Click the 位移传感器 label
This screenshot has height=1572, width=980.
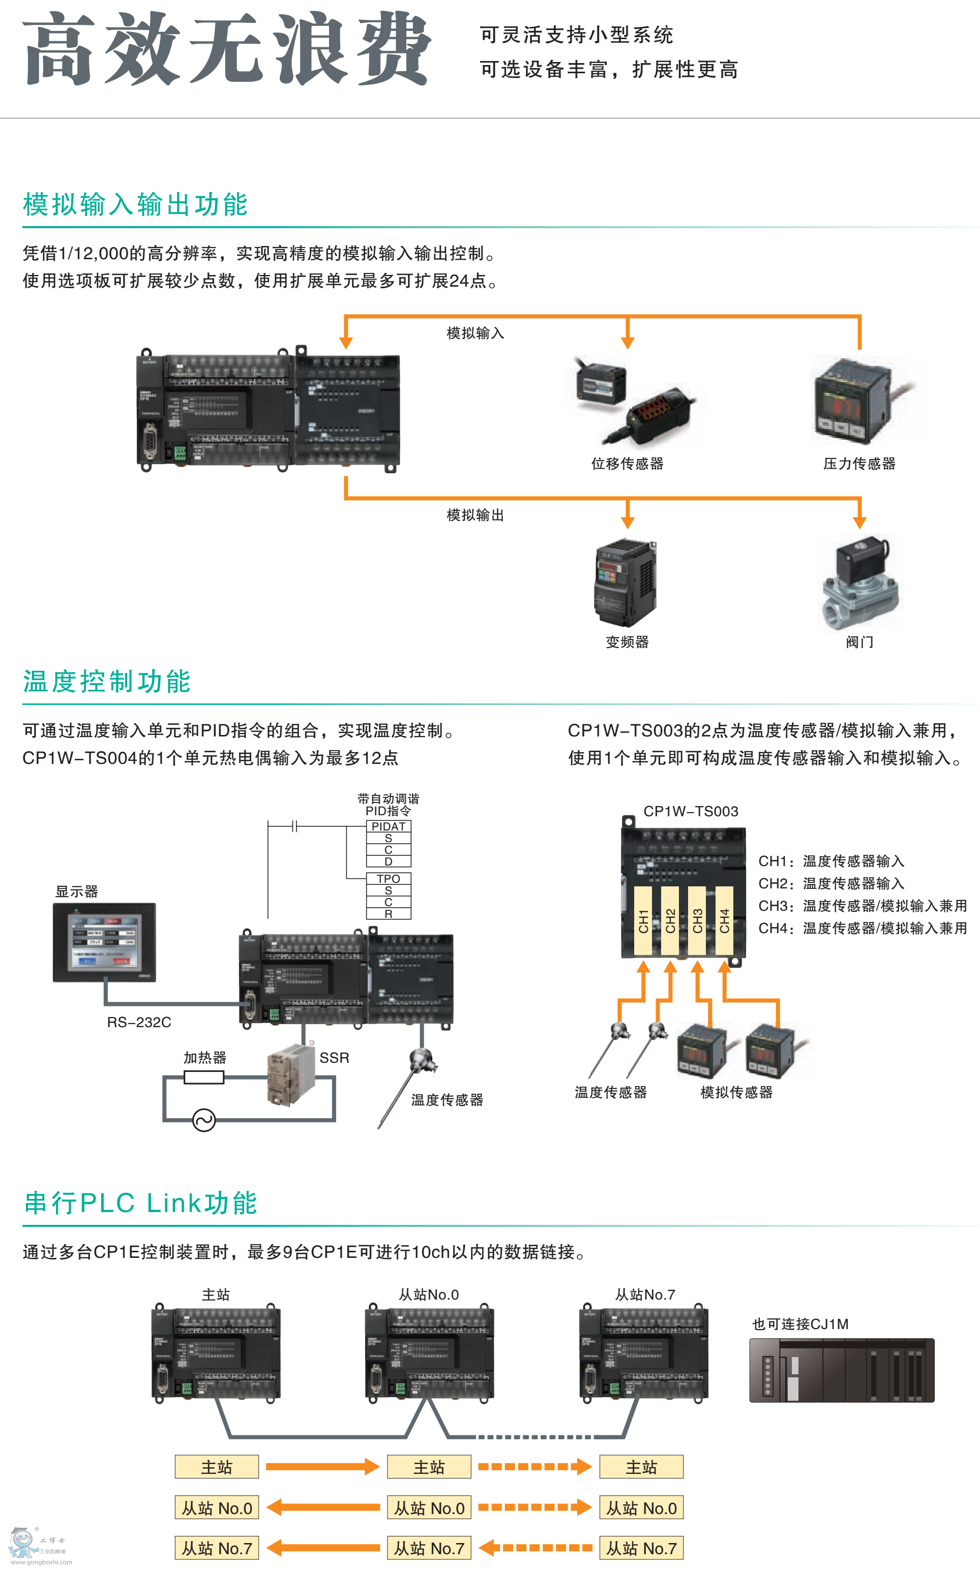627,464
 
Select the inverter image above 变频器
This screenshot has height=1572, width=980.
626,583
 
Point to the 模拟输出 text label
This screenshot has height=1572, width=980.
475,515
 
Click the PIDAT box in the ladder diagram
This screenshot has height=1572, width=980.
388,826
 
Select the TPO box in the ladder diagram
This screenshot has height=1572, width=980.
388,879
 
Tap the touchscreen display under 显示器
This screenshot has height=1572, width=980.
104,942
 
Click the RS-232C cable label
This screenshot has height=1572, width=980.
139,1022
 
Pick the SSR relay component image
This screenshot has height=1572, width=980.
290,1076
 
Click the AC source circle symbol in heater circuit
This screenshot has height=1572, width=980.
204,1120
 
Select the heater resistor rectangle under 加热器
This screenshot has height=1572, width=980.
204,1077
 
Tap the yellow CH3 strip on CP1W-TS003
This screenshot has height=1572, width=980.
697,920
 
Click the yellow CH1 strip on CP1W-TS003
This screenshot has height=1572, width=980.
643,920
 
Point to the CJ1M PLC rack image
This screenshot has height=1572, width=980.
841,1370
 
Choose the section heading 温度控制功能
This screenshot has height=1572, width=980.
107,682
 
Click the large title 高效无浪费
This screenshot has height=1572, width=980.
227,49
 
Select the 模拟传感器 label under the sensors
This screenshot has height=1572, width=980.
736,1092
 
